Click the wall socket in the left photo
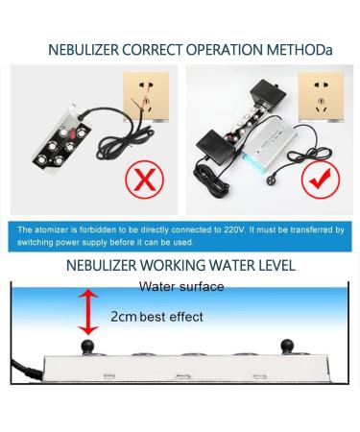tap(148, 97)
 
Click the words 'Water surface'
tap(181, 286)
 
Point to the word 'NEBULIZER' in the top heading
tap(87, 48)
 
